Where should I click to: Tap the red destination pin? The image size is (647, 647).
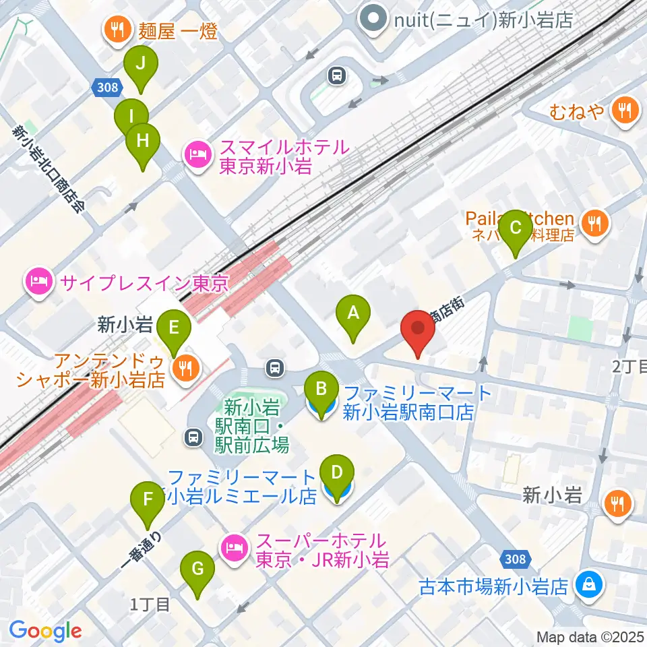[418, 330]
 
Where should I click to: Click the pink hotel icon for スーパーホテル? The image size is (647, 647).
[233, 546]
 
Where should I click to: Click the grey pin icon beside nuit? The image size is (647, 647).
[371, 18]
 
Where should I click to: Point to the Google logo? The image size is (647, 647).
[45, 631]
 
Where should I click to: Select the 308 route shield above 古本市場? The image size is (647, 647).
[516, 558]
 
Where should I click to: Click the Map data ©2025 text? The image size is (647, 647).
[590, 637]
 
